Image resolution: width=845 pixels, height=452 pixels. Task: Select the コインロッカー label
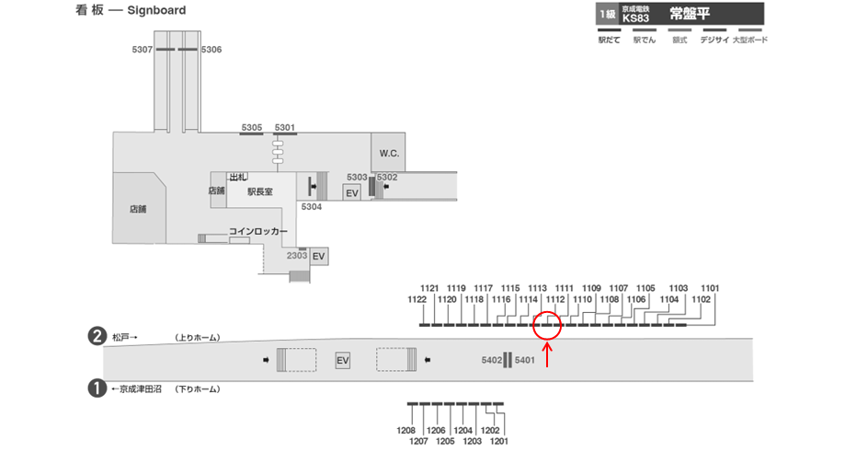pos(258,231)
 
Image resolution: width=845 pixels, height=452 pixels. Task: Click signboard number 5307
pos(142,49)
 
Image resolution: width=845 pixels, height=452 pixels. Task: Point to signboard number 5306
pos(211,49)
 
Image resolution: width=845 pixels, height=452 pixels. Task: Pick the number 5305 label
pos(252,127)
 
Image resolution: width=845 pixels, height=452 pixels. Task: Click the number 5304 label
pos(312,207)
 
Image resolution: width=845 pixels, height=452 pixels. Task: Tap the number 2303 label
pos(296,255)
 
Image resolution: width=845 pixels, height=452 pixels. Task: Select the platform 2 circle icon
pos(95,337)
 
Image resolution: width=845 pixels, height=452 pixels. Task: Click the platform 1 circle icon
pos(95,388)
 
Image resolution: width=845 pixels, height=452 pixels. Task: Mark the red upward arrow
pos(548,354)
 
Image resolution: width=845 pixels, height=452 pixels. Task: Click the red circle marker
pos(548,325)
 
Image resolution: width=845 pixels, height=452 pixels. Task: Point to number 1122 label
pos(417,299)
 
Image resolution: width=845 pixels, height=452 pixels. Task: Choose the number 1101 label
pos(710,287)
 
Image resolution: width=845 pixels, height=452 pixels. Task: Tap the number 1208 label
pos(405,430)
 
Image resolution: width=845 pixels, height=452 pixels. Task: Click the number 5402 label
pos(492,360)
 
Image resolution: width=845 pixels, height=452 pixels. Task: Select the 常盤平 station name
pos(690,14)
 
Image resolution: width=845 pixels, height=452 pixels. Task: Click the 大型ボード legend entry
pos(749,40)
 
